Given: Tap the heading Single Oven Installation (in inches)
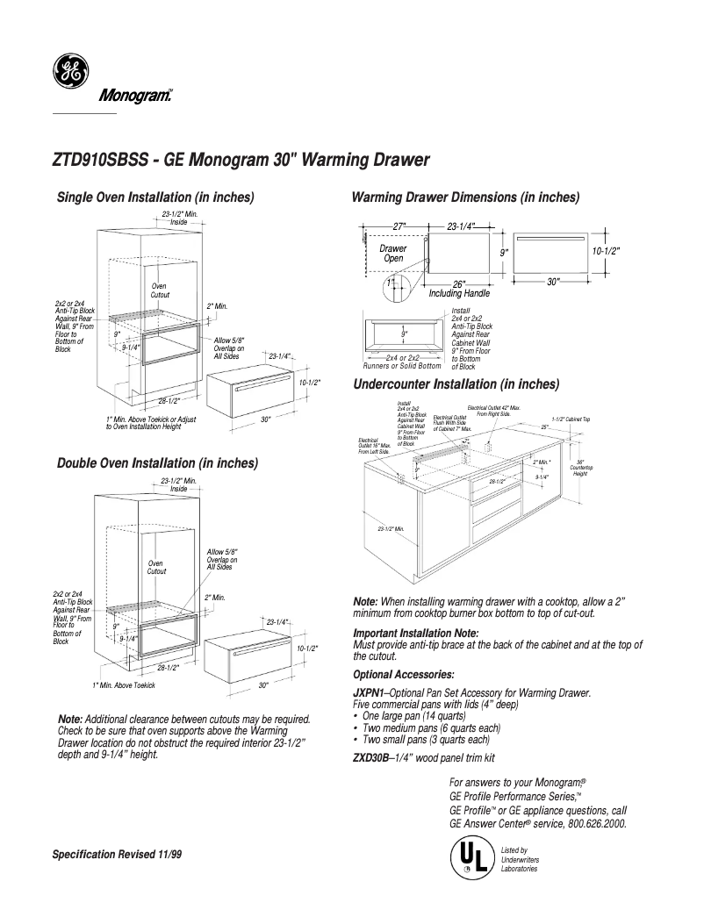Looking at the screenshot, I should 155,196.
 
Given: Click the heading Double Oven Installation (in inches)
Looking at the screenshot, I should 157,462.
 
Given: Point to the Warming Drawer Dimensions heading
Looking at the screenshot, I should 464,197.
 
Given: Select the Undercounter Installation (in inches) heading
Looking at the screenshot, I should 456,383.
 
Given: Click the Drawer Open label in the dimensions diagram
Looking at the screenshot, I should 392,254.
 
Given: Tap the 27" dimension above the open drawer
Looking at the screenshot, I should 399,226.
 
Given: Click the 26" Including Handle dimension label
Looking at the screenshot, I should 458,289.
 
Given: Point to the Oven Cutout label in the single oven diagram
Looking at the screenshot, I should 160,290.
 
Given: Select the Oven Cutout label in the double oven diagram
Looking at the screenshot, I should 156,567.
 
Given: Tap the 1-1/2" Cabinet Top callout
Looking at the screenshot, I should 571,419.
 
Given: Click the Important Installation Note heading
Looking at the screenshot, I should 415,633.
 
